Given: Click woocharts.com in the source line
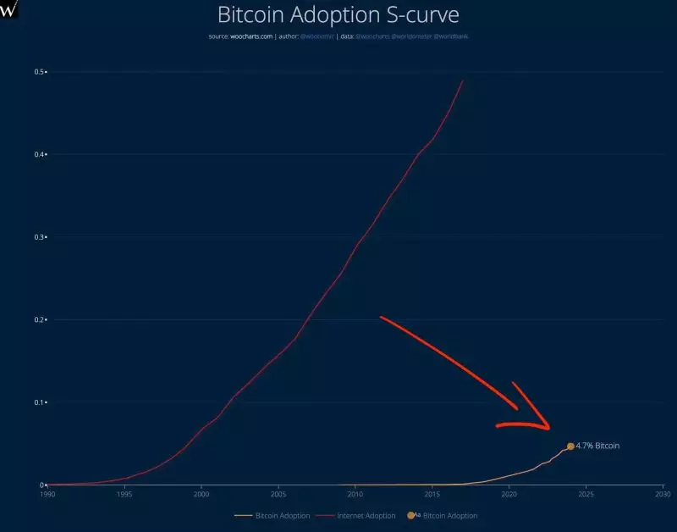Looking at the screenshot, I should pyautogui.click(x=250, y=37).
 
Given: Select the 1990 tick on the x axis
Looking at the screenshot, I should pyautogui.click(x=47, y=493).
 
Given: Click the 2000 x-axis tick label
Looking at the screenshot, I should pyautogui.click(x=201, y=493).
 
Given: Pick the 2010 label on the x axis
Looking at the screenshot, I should pyautogui.click(x=355, y=493).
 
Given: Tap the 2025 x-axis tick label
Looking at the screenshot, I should pyautogui.click(x=586, y=493).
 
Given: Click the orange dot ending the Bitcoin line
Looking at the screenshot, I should pyautogui.click(x=570, y=446).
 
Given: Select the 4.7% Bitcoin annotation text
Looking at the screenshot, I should pyautogui.click(x=597, y=446).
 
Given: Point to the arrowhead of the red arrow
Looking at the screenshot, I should pyautogui.click(x=548, y=427).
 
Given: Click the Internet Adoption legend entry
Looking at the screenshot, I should pyautogui.click(x=365, y=515).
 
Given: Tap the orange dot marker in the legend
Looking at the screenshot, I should pyautogui.click(x=411, y=515).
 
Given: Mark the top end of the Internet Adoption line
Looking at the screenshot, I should pyautogui.click(x=463, y=80).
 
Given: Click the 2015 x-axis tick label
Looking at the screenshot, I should pyautogui.click(x=432, y=493).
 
